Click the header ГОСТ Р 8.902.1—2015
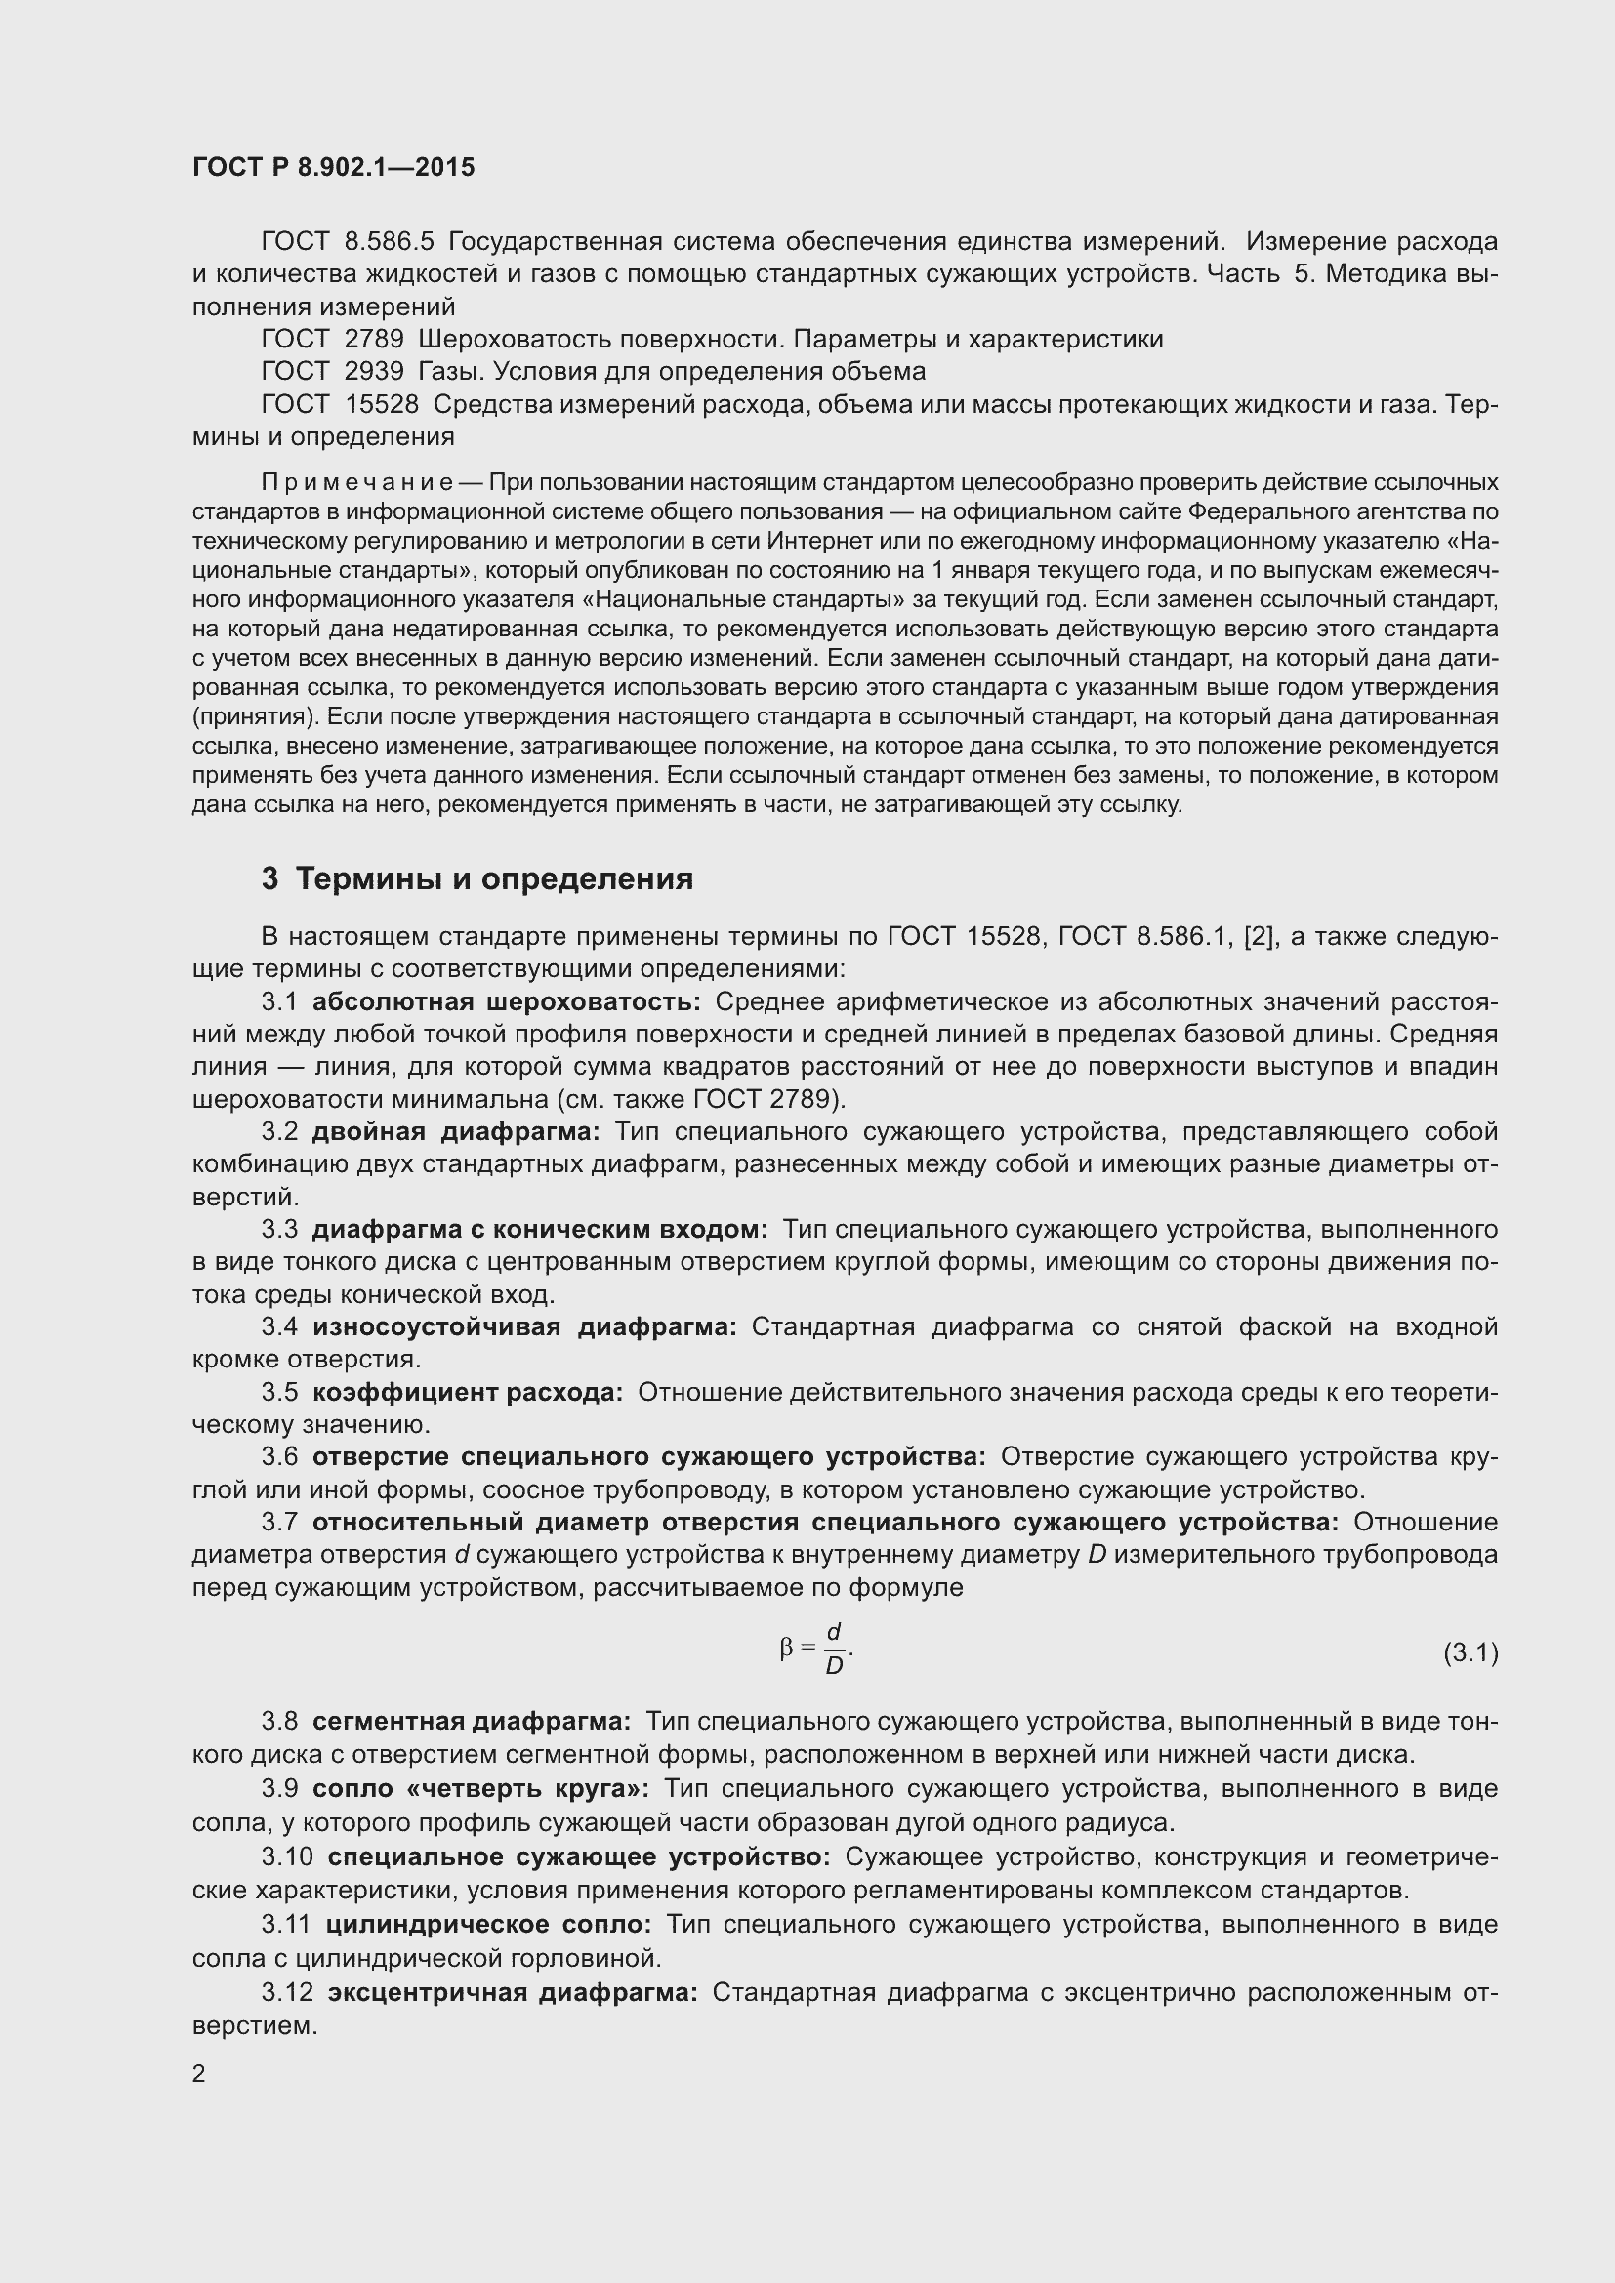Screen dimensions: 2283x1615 pos(333,167)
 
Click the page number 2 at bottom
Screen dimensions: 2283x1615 pos(199,2073)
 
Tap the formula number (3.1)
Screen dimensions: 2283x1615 pos(1470,1652)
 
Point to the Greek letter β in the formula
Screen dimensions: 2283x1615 pos(787,1649)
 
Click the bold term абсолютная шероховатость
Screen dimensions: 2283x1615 pos(506,1001)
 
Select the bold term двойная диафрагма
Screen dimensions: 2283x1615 pos(455,1131)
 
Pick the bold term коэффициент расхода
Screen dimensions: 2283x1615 pos(468,1392)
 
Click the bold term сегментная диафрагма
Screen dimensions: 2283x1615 pos(472,1720)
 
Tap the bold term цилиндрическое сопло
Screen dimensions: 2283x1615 pos(488,1924)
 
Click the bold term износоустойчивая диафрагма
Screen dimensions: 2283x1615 pos(524,1326)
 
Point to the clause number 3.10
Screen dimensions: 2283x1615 pos(287,1856)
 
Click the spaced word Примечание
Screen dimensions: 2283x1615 pos(358,482)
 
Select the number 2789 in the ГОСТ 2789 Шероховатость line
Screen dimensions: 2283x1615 pos(374,339)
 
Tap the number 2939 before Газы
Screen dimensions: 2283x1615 pos(374,372)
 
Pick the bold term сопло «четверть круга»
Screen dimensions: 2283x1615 pos(480,1789)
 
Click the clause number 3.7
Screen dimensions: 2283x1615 pos(279,1523)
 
